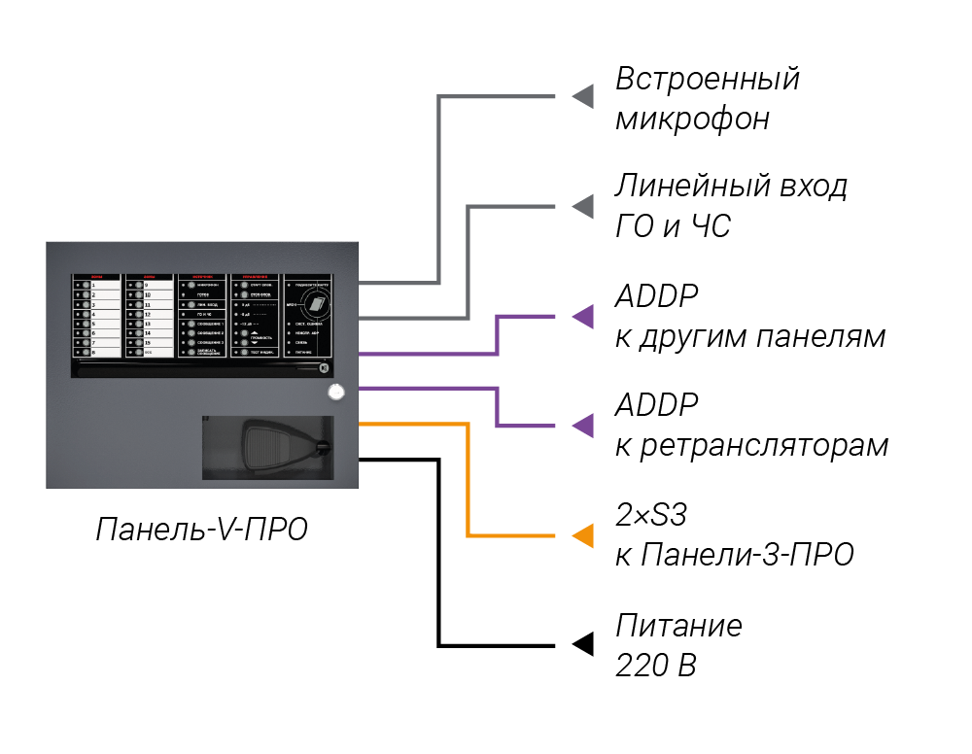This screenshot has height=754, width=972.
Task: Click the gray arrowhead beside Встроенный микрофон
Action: click(x=582, y=96)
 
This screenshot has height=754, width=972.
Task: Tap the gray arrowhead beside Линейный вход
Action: click(x=582, y=206)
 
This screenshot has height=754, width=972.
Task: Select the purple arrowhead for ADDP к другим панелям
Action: click(x=582, y=316)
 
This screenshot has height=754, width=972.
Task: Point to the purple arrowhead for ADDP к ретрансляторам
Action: click(x=582, y=426)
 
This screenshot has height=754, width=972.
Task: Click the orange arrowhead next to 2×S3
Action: click(x=582, y=535)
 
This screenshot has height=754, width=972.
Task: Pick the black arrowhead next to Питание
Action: click(x=582, y=644)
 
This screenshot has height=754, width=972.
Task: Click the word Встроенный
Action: click(x=707, y=79)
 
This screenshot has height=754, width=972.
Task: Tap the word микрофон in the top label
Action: click(x=692, y=119)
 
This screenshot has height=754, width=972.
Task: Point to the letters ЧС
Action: click(x=710, y=226)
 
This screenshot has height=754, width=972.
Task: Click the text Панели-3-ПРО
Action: click(x=747, y=555)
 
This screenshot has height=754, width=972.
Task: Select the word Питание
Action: click(x=678, y=625)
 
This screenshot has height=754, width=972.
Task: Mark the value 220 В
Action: click(x=656, y=666)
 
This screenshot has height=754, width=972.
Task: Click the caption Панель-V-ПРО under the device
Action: click(x=201, y=530)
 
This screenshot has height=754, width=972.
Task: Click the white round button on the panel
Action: click(x=336, y=393)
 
